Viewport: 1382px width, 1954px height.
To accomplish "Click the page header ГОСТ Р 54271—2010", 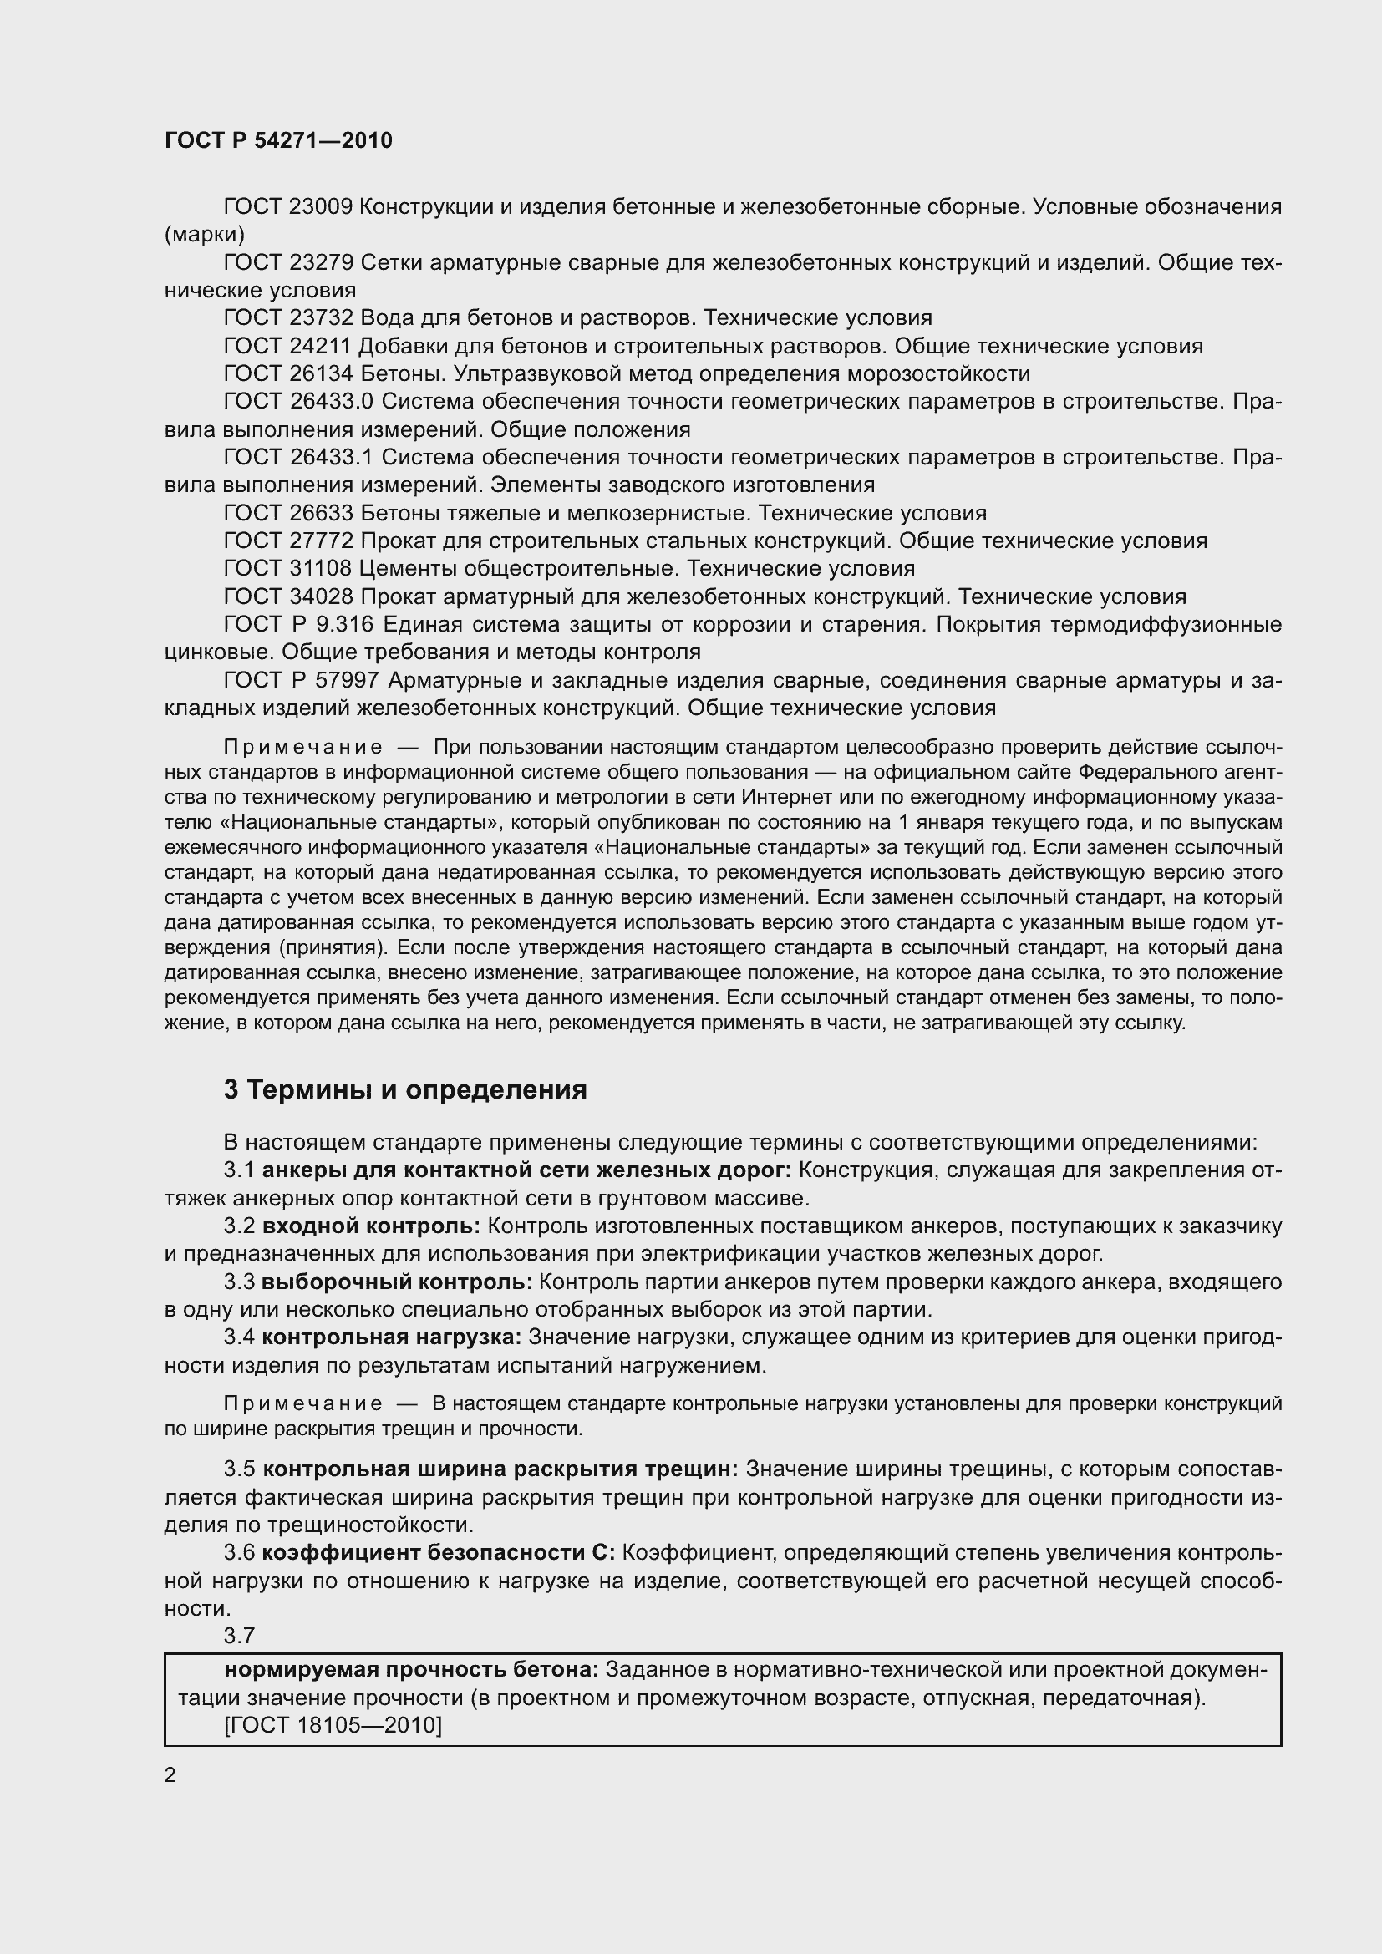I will click(278, 140).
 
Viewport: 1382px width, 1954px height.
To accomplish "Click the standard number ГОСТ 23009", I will click(287, 207).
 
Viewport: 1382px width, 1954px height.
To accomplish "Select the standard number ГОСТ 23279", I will click(287, 263).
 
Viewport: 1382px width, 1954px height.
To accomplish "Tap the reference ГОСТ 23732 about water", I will click(287, 318).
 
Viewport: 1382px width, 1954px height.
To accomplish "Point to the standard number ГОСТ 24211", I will click(287, 347).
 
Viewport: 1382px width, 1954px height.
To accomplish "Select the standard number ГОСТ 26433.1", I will click(298, 458).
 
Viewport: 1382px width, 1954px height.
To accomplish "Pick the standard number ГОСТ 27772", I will click(287, 541).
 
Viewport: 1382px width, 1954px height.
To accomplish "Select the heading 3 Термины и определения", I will click(405, 1090).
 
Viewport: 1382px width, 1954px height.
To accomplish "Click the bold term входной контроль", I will click(371, 1226).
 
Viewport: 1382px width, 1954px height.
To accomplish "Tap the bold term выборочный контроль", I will click(397, 1282).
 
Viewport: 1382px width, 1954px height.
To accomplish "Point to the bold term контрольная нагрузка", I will click(391, 1337).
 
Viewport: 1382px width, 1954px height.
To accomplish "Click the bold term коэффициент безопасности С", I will click(437, 1553).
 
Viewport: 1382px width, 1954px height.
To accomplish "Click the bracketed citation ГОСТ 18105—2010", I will click(333, 1725).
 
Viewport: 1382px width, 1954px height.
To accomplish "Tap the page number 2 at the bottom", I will click(170, 1775).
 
